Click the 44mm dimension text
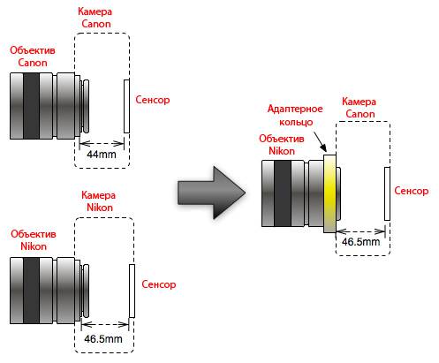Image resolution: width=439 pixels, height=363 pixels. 102,155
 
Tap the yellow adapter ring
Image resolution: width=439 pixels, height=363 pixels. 329,193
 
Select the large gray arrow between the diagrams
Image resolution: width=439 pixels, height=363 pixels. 211,193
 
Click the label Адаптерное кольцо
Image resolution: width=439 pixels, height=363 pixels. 295,115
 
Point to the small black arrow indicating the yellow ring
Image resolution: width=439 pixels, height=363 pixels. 320,141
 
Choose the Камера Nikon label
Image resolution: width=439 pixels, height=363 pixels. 99,201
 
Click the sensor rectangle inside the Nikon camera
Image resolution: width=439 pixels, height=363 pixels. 132,291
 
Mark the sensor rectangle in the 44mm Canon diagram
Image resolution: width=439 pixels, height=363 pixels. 126,106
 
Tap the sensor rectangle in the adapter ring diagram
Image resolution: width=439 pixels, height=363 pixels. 387,193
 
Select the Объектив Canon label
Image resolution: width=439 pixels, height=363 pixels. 33,57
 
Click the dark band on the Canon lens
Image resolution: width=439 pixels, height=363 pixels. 31,106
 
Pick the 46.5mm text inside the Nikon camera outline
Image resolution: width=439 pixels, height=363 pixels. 103,339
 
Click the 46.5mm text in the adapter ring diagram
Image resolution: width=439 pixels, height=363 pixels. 361,242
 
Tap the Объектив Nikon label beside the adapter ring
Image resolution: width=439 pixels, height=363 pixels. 282,145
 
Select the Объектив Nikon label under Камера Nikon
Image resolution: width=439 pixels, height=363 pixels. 34,240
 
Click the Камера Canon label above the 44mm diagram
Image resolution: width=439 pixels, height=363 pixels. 95,18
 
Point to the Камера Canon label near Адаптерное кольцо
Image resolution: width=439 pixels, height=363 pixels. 360,108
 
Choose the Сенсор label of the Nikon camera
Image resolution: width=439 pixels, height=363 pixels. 159,284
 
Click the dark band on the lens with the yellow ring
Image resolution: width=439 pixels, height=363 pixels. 283,193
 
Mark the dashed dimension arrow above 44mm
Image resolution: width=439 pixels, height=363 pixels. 102,144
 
